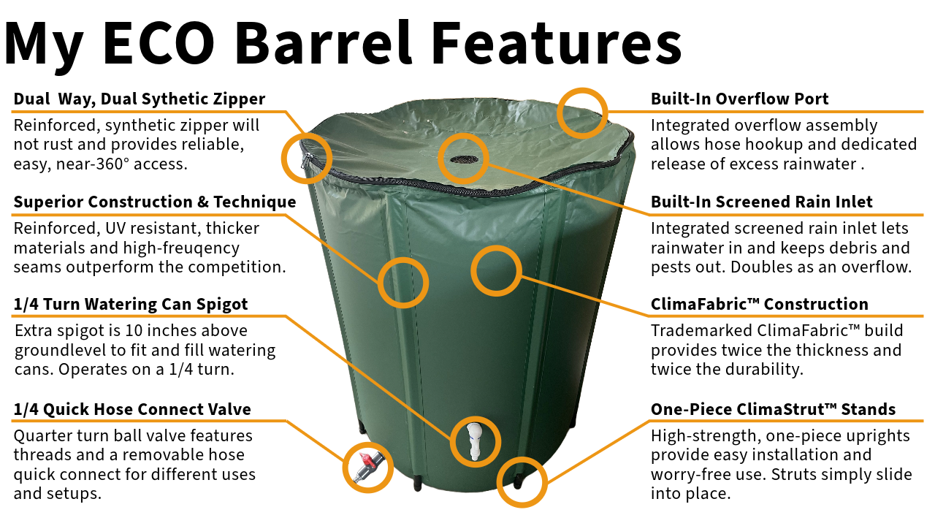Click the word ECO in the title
[159, 45]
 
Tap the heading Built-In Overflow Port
[740, 99]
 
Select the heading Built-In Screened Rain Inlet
[762, 202]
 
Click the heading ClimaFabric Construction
[760, 305]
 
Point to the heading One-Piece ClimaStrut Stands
[773, 410]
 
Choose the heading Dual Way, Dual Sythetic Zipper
[140, 99]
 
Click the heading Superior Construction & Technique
[155, 202]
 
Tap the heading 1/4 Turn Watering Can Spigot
[131, 305]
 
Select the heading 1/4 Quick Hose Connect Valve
[132, 410]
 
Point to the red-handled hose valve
[367, 466]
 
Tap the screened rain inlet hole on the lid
[463, 159]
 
